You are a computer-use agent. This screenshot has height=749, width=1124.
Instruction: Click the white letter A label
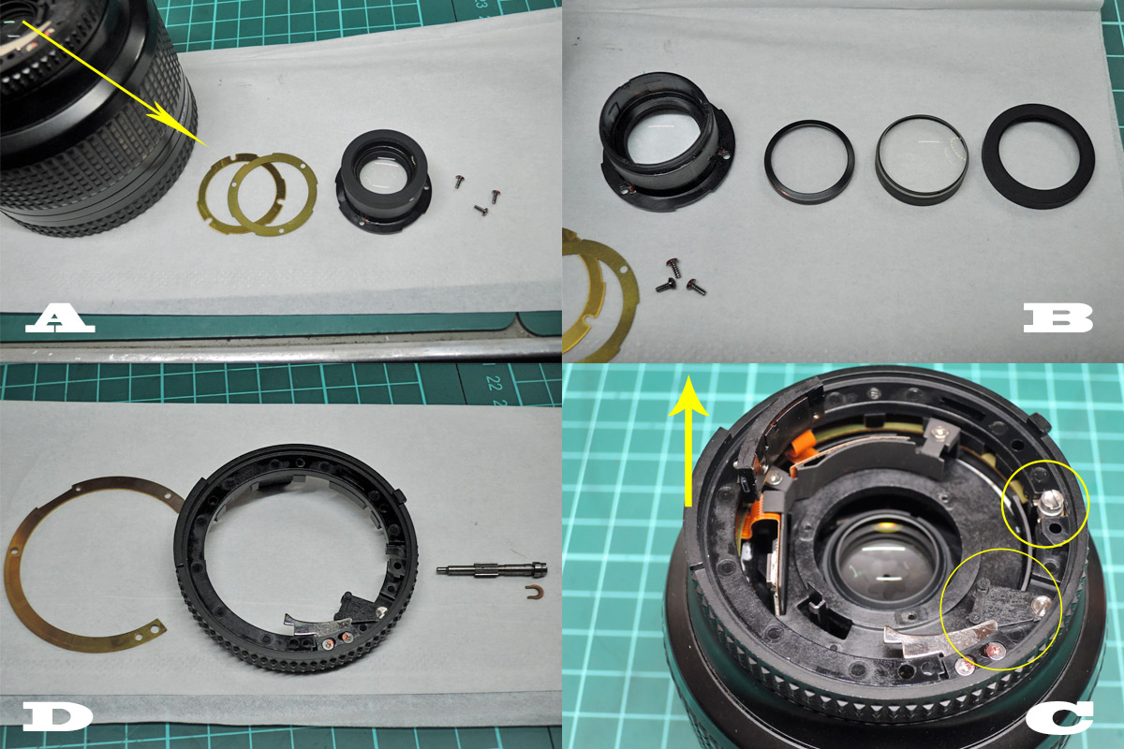[x=60, y=318]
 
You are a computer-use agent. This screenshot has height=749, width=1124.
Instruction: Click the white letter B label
[x=1058, y=318]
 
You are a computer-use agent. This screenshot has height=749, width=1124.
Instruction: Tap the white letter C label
[x=1059, y=717]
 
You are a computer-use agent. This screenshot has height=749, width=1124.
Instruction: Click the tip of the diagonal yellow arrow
[x=206, y=145]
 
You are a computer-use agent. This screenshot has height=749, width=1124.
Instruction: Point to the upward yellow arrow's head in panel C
[x=689, y=396]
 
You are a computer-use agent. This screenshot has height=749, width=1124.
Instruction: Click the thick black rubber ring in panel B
[x=1038, y=156]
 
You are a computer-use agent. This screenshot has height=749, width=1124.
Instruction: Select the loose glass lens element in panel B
[x=923, y=158]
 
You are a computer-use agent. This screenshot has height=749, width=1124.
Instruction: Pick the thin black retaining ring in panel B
[x=809, y=162]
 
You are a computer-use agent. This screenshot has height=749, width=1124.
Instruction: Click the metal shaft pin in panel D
[x=492, y=568]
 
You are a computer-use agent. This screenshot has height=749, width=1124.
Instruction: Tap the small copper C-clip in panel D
[x=536, y=592]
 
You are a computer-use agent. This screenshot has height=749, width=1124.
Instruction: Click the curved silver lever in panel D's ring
[x=318, y=625]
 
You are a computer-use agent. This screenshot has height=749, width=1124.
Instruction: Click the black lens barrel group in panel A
[x=383, y=181]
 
